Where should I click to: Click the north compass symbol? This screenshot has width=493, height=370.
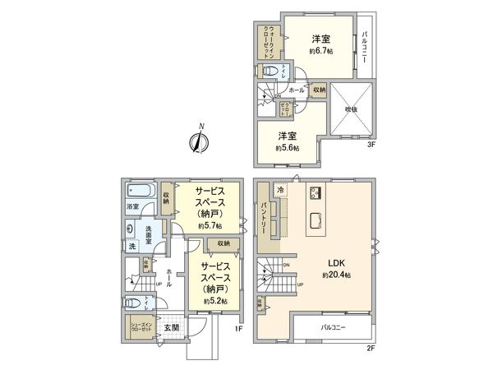[198, 141]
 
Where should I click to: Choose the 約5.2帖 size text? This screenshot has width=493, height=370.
[214, 301]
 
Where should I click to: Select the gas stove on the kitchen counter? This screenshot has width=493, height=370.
[314, 194]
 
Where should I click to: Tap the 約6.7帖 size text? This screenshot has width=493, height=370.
[320, 51]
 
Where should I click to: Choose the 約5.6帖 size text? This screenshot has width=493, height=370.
[288, 146]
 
